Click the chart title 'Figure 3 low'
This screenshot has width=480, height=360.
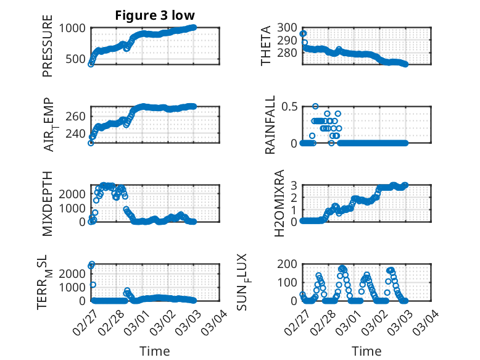click(155, 15)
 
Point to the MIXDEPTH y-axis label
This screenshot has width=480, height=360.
click(48, 203)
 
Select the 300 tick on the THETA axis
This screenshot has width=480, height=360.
click(288, 28)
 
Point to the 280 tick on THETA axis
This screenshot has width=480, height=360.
click(288, 52)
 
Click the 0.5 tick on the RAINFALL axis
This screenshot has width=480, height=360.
click(289, 107)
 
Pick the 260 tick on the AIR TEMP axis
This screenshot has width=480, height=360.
click(77, 116)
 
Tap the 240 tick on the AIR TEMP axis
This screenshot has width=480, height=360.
click(77, 133)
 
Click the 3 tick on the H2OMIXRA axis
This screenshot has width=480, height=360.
click(294, 185)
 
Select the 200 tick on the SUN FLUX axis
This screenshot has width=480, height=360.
click(288, 264)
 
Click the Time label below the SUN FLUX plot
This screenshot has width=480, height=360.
click(366, 351)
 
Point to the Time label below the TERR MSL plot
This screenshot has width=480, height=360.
click(155, 351)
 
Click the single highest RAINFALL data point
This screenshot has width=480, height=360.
click(315, 107)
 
